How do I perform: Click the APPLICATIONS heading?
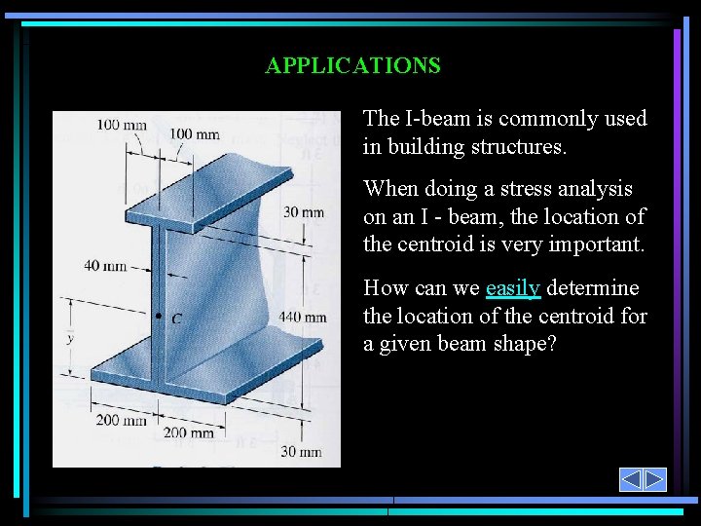point(352,66)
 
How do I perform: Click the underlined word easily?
point(512,288)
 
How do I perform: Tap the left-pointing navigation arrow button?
point(631,479)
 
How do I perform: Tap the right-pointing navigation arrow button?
point(654,479)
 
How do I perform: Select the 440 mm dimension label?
point(302,317)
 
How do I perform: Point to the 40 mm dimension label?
point(105,265)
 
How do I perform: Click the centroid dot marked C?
point(159,317)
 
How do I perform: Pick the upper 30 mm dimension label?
point(304,213)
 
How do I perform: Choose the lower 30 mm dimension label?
point(301,451)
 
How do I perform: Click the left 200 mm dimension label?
point(121,420)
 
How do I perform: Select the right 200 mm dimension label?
point(188,432)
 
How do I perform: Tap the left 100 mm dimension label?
point(122,124)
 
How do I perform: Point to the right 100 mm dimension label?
point(194,133)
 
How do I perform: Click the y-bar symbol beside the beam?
point(69,338)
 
